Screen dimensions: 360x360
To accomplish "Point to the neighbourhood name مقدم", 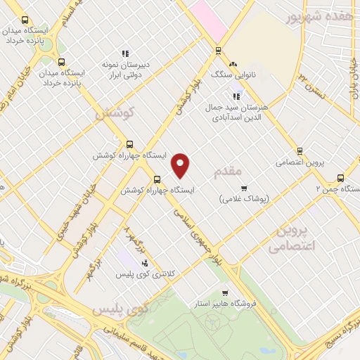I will [x=228, y=171].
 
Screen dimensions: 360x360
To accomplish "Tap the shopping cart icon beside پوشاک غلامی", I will [x=244, y=188].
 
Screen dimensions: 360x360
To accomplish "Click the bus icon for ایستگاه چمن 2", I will [x=341, y=178].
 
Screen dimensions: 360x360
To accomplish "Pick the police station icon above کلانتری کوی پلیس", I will [x=145, y=262].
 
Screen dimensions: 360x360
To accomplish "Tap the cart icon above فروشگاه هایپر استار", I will [x=224, y=293].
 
